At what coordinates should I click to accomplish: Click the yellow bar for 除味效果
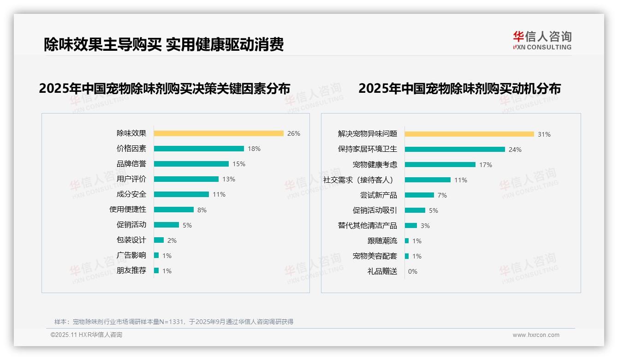219,133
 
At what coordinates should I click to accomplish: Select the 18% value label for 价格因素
254,149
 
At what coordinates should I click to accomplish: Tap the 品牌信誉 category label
131,164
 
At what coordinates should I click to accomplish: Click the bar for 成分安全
181,194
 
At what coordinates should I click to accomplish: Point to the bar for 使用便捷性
174,210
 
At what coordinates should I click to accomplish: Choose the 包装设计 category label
131,240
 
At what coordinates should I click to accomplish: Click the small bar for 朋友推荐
156,270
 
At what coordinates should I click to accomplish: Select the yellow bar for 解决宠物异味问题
469,134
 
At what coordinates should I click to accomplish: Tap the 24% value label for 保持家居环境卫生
515,150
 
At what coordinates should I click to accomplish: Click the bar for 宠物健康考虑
440,165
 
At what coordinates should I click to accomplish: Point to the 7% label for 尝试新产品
442,195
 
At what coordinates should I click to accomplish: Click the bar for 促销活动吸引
415,210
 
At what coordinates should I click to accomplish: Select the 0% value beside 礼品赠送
413,271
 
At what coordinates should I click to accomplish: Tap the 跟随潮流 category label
382,241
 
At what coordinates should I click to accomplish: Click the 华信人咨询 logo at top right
542,41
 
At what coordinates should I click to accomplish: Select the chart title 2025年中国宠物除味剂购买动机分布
459,89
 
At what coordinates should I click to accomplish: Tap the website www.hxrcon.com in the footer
536,335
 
